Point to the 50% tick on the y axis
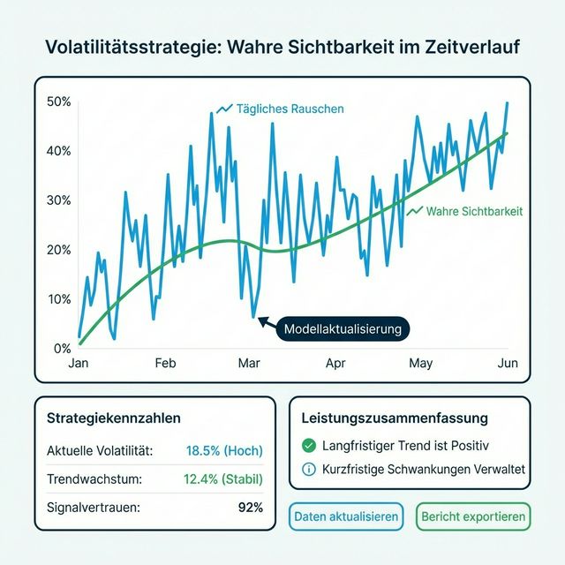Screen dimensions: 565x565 tap(58, 102)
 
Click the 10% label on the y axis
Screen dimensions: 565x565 tap(58, 298)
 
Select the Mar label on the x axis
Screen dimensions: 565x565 tap(248, 363)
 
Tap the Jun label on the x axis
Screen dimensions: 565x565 tap(508, 363)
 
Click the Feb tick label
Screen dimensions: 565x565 tap(165, 363)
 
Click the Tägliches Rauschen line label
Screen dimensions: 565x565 tap(290, 109)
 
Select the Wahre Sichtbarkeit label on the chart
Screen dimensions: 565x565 tap(474, 212)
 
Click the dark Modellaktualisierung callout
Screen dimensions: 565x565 tap(343, 329)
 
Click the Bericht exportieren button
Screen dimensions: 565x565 tap(473, 516)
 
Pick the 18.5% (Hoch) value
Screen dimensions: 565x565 tap(224, 450)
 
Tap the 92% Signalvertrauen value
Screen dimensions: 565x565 tap(251, 508)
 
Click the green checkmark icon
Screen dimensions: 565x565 tap(308, 446)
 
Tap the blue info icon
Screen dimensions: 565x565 tap(308, 470)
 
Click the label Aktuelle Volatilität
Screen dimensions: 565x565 tap(100, 450)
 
